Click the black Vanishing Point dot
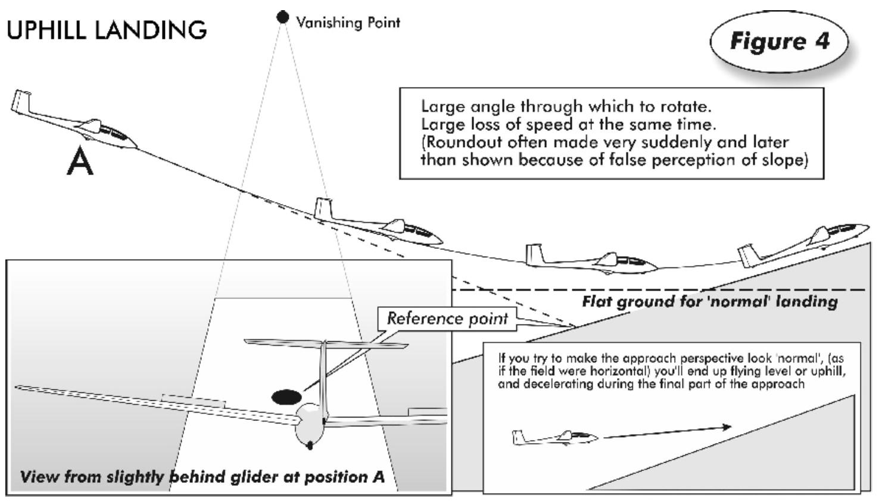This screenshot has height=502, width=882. (283, 17)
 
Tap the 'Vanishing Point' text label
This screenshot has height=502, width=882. (348, 23)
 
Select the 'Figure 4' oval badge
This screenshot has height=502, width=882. (779, 42)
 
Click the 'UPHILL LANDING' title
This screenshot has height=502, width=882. (107, 30)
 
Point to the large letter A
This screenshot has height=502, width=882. (80, 161)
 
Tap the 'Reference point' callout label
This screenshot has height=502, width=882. (447, 319)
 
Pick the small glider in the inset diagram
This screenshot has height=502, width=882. (554, 438)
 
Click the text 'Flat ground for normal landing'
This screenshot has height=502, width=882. (709, 301)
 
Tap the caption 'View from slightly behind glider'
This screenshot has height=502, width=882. (202, 477)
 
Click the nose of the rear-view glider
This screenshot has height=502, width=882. (309, 444)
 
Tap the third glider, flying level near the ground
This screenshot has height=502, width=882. (593, 260)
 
